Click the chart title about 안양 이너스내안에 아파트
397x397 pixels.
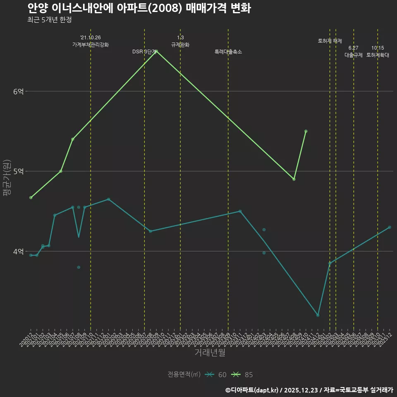pos(139,8)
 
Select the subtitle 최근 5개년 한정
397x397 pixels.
pos(50,20)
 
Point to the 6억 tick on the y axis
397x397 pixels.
pos(18,91)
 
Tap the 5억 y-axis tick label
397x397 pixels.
pos(18,172)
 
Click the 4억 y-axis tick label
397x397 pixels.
pos(18,251)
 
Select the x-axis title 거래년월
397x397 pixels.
pos(210,353)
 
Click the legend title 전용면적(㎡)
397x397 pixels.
pos(184,375)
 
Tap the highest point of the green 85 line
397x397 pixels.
pos(156,51)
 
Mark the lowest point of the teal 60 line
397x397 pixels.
pos(318,315)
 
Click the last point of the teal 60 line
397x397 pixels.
pos(390,227)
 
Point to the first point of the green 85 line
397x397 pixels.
pos(31,198)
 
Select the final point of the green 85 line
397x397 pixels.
pos(306,131)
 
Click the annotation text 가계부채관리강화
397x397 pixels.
pos(91,45)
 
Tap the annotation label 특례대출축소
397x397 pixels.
pos(228,52)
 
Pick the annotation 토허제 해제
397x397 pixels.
pos(330,41)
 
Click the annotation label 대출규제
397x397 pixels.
pos(354,55)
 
